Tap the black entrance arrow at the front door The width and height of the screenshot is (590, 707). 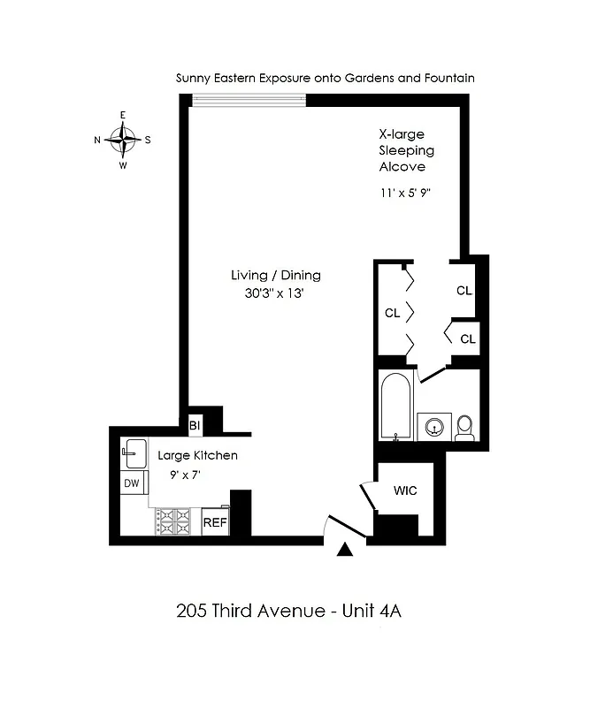(x=346, y=551)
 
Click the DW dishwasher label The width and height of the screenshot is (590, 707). (x=132, y=483)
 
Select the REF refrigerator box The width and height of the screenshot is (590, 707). (x=215, y=522)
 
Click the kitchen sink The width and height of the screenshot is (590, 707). (x=132, y=454)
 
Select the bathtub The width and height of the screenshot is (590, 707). (x=394, y=406)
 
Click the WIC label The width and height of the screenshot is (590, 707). (x=405, y=490)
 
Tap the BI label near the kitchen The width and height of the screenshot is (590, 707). (x=195, y=426)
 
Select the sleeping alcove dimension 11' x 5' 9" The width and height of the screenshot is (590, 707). (x=407, y=191)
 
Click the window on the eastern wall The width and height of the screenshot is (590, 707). (x=249, y=100)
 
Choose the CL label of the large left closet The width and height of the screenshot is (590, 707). (x=392, y=312)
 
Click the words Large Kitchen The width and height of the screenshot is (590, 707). (x=197, y=456)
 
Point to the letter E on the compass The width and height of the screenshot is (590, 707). (x=123, y=116)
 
